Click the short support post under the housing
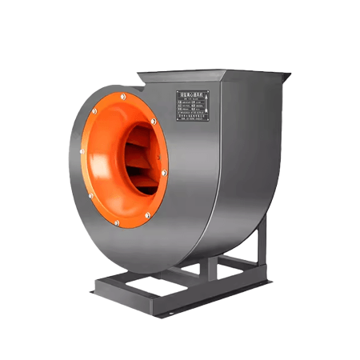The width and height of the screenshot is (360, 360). (x=209, y=266)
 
